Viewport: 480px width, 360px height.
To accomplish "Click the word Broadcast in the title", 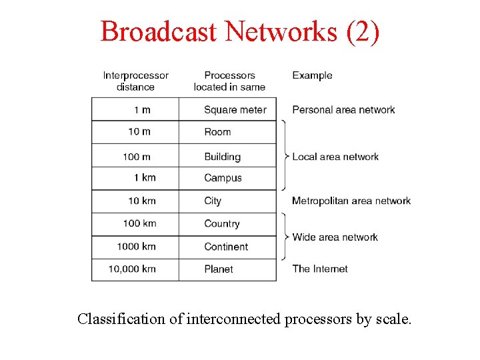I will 159,31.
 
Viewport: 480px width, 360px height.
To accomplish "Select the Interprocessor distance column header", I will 135,81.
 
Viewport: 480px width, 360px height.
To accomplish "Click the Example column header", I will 312,75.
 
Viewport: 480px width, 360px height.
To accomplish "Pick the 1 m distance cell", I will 141,110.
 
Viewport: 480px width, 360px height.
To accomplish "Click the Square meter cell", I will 235,110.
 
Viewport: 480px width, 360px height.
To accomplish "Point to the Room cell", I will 217,132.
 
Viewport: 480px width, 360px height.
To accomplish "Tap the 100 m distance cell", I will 136,157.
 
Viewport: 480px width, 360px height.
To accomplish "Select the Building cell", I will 222,157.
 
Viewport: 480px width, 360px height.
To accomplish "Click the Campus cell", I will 223,178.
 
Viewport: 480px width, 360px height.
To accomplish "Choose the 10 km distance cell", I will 141,201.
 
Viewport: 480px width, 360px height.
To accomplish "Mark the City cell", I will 213,201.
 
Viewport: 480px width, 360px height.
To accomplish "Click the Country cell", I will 221,224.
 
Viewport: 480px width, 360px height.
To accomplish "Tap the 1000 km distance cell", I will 136,247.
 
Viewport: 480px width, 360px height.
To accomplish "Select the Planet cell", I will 219,269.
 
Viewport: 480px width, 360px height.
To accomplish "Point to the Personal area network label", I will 343,110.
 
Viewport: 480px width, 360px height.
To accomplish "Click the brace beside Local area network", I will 285,156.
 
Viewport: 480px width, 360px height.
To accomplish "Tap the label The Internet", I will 320,269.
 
